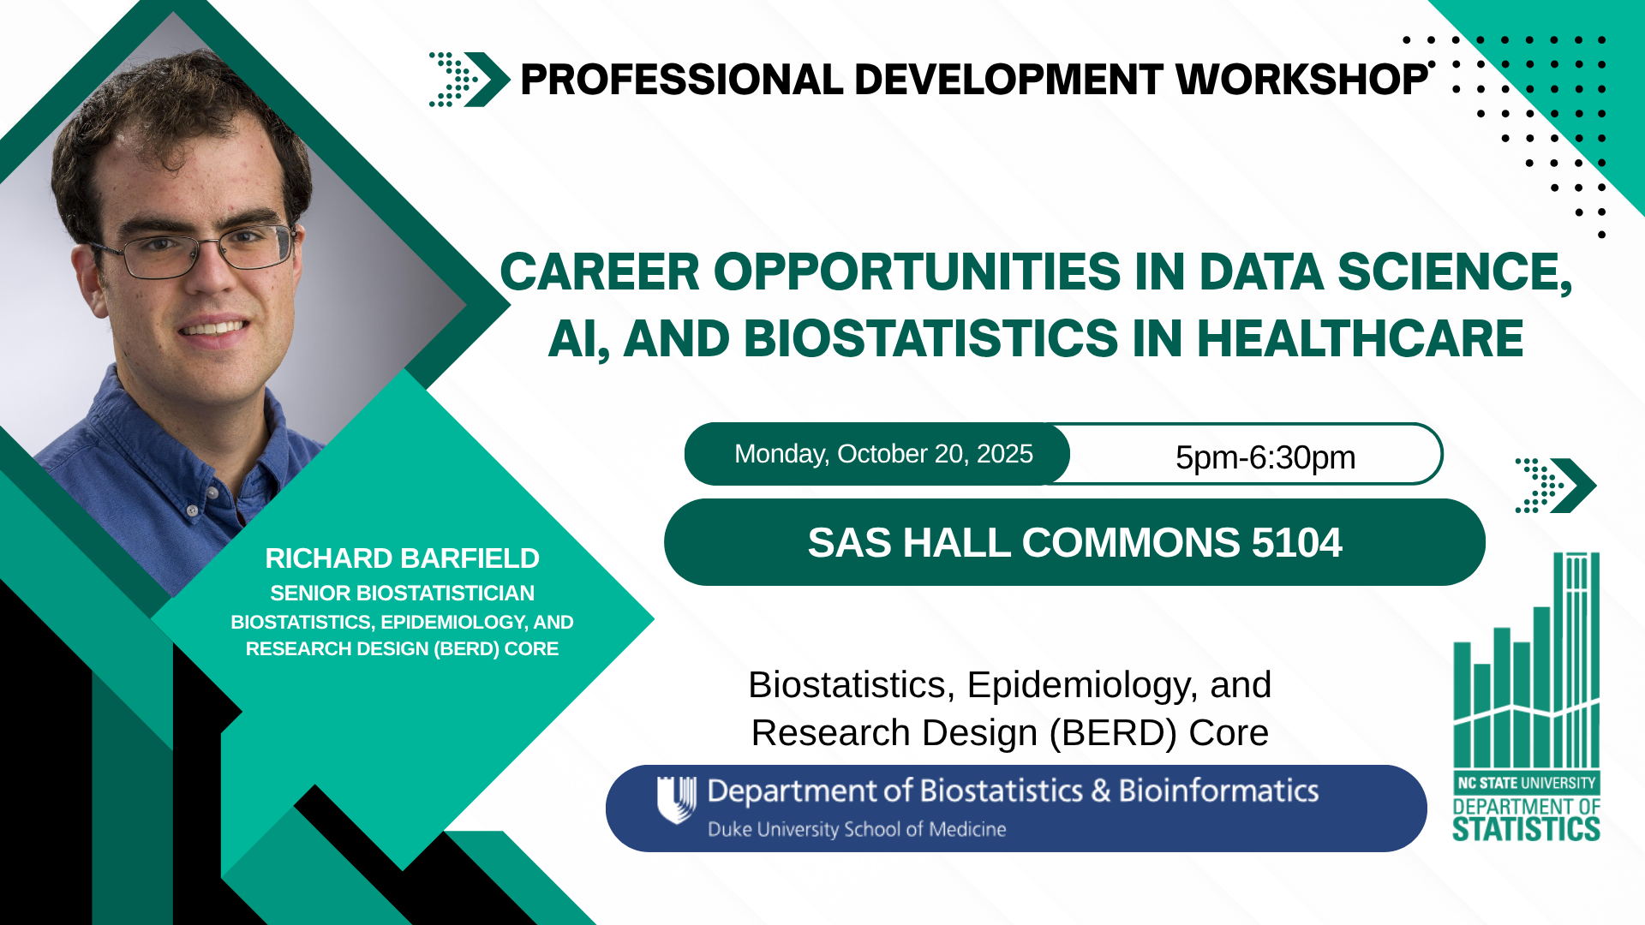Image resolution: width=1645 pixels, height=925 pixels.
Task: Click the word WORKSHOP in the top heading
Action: pyautogui.click(x=1301, y=80)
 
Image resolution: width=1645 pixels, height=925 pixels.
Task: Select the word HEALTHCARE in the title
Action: pyautogui.click(x=1360, y=338)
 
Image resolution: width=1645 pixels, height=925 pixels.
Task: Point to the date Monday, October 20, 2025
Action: pyautogui.click(x=883, y=454)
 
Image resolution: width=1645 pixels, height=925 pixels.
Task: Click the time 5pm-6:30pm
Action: pyautogui.click(x=1265, y=457)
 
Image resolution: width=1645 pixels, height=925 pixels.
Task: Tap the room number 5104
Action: pyautogui.click(x=1296, y=542)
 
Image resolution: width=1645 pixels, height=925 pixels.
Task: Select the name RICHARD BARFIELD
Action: pyautogui.click(x=402, y=558)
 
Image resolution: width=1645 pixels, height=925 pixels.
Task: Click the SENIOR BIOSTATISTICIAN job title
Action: pyautogui.click(x=402, y=593)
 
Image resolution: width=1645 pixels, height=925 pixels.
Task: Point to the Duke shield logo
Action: pyautogui.click(x=676, y=799)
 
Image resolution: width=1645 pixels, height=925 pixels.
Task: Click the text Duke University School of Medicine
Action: pyautogui.click(x=857, y=829)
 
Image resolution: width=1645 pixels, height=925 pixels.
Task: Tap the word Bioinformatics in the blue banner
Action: pyautogui.click(x=1218, y=791)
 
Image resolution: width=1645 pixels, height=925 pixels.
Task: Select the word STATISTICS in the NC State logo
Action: pyautogui.click(x=1526, y=829)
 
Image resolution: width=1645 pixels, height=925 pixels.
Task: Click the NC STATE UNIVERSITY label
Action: pyautogui.click(x=1527, y=783)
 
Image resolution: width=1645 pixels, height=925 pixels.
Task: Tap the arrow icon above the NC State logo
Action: pyautogui.click(x=1555, y=486)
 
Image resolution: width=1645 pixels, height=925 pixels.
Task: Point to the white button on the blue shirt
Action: pyautogui.click(x=192, y=510)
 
